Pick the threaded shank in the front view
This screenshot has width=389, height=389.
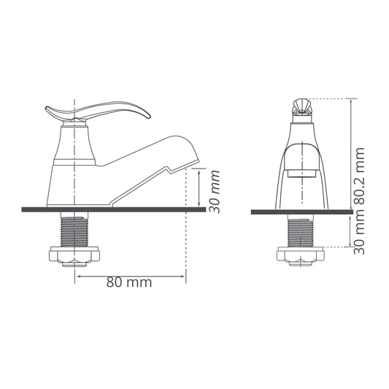tap(301, 231)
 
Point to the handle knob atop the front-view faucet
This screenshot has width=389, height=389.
tap(301, 107)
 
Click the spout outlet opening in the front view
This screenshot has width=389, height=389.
tap(301, 173)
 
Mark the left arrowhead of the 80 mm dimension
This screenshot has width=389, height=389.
tap(77, 276)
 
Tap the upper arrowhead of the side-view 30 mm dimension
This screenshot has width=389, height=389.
tap(198, 169)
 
